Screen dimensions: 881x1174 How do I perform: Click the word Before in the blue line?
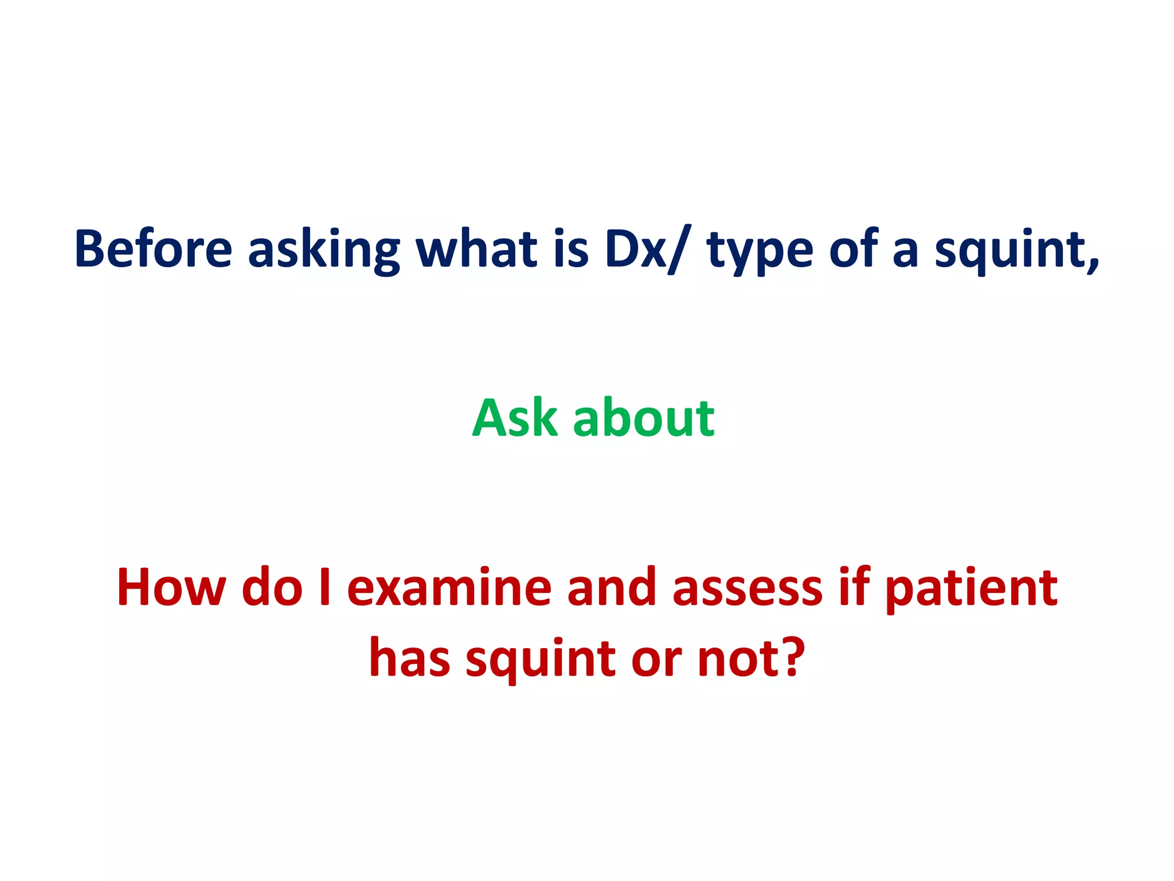[153, 250]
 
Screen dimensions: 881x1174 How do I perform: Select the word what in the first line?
[476, 250]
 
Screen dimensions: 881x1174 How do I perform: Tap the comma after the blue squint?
[1093, 264]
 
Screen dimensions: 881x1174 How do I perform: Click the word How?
[171, 587]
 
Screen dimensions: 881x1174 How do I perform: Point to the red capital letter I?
[325, 587]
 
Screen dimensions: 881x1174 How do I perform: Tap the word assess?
[748, 588]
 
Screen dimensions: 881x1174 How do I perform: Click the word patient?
[971, 588]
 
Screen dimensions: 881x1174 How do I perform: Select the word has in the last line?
[409, 657]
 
